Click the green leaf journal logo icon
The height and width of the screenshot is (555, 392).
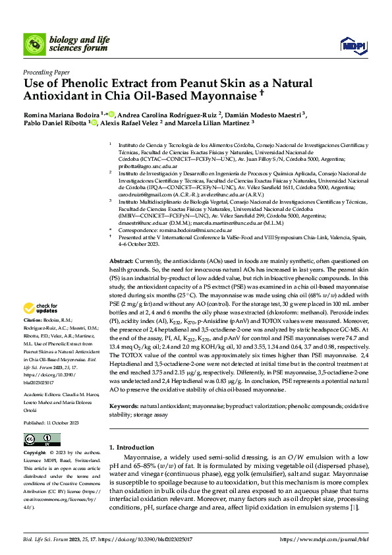coord(34,44)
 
